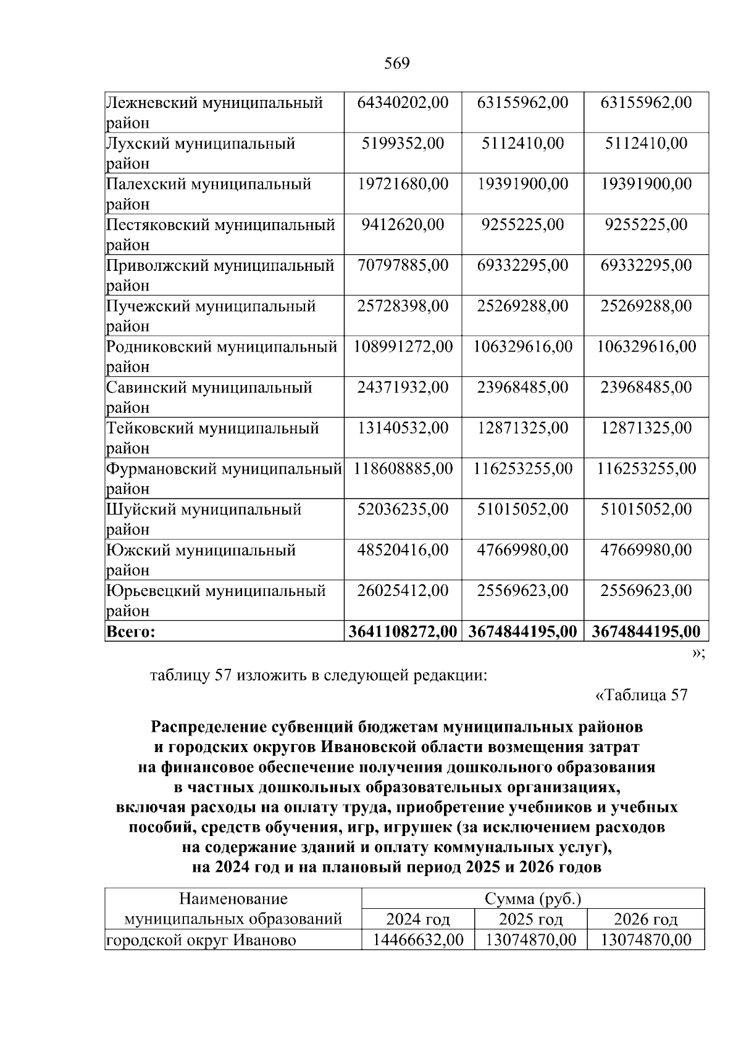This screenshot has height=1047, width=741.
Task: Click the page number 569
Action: (396, 64)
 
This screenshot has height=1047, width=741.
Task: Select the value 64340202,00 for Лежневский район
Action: (403, 102)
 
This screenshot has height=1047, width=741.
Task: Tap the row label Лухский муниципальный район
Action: (200, 153)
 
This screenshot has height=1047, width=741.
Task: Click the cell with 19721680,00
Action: (403, 184)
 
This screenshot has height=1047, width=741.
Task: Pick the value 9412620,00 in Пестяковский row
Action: (403, 225)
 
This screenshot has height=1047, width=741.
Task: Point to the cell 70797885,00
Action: (403, 265)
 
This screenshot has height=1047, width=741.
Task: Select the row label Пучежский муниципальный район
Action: (211, 316)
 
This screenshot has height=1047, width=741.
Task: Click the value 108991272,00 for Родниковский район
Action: (403, 347)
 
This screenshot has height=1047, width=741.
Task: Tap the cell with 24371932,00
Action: (403, 387)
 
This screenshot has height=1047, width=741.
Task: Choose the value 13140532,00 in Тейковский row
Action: (403, 428)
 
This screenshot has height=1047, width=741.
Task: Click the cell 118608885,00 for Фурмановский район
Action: (403, 469)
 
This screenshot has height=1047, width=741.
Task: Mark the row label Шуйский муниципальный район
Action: (204, 519)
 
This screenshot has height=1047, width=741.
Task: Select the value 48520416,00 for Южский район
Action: (403, 550)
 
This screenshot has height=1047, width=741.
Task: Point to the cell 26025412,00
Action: (403, 591)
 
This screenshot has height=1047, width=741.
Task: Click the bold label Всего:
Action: (130, 632)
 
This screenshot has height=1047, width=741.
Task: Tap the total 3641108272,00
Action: (403, 632)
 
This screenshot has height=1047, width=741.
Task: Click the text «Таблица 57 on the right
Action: (640, 695)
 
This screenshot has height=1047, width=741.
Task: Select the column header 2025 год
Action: (530, 920)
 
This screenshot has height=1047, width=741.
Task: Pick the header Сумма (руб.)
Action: (533, 900)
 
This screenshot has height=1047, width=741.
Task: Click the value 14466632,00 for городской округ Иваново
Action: (418, 940)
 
